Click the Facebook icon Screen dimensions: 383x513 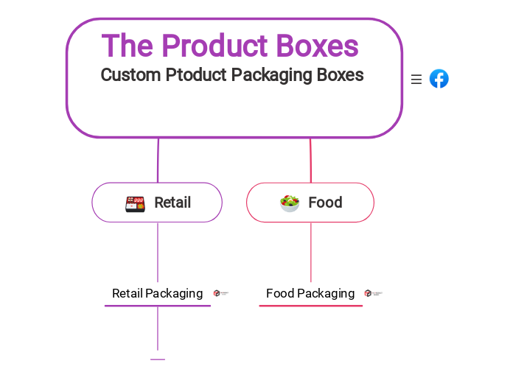click(439, 79)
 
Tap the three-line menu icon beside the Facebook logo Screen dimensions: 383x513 click(416, 80)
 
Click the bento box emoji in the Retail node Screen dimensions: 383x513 click(135, 203)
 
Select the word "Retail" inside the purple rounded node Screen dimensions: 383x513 click(172, 203)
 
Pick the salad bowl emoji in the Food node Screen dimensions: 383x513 click(290, 203)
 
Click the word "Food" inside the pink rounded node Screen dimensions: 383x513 click(325, 203)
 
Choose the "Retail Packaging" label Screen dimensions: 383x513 click(157, 293)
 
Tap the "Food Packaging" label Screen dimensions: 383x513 click(310, 293)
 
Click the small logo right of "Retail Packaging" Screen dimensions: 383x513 click(220, 293)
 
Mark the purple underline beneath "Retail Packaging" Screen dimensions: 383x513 click(158, 306)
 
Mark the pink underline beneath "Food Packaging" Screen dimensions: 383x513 click(311, 306)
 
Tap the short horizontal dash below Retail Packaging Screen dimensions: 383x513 click(158, 359)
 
